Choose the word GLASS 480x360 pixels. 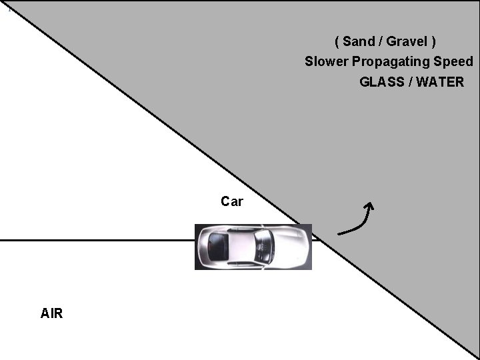[380, 82]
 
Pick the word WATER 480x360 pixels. [439, 82]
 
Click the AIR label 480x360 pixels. [51, 313]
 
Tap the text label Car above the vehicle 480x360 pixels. [232, 201]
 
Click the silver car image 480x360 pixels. [253, 247]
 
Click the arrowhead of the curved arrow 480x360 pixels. [369, 206]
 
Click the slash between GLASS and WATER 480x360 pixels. [408, 82]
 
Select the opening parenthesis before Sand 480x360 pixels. [337, 41]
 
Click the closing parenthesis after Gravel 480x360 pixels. [433, 41]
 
